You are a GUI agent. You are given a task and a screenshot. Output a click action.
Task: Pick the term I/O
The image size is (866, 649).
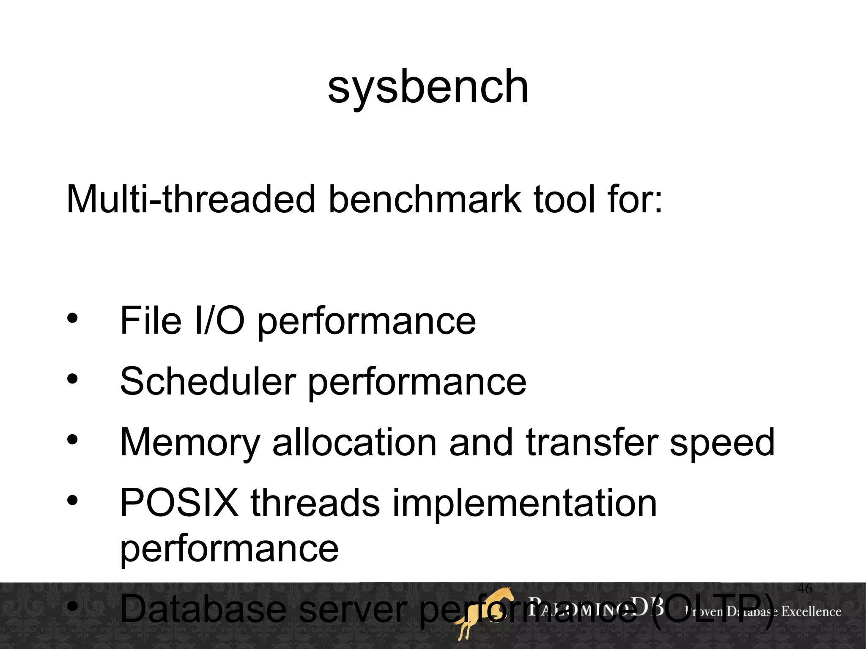pyautogui.click(x=219, y=321)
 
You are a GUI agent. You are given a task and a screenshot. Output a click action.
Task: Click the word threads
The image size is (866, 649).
pyautogui.click(x=315, y=503)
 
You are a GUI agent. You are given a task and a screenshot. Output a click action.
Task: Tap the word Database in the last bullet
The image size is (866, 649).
pyautogui.click(x=203, y=609)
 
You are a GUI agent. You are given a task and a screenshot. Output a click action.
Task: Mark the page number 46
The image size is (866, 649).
pyautogui.click(x=804, y=588)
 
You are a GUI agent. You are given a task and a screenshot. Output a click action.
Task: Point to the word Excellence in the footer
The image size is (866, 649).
pyautogui.click(x=811, y=611)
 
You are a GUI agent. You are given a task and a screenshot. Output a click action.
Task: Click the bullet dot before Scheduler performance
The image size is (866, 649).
pyautogui.click(x=72, y=379)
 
